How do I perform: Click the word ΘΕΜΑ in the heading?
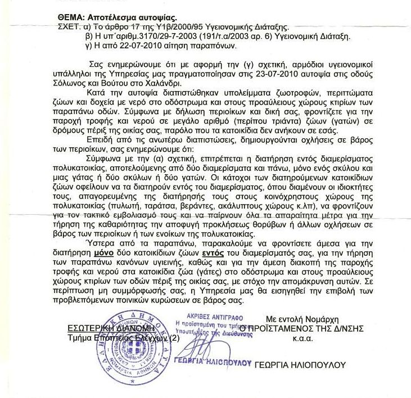tap(71, 17)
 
